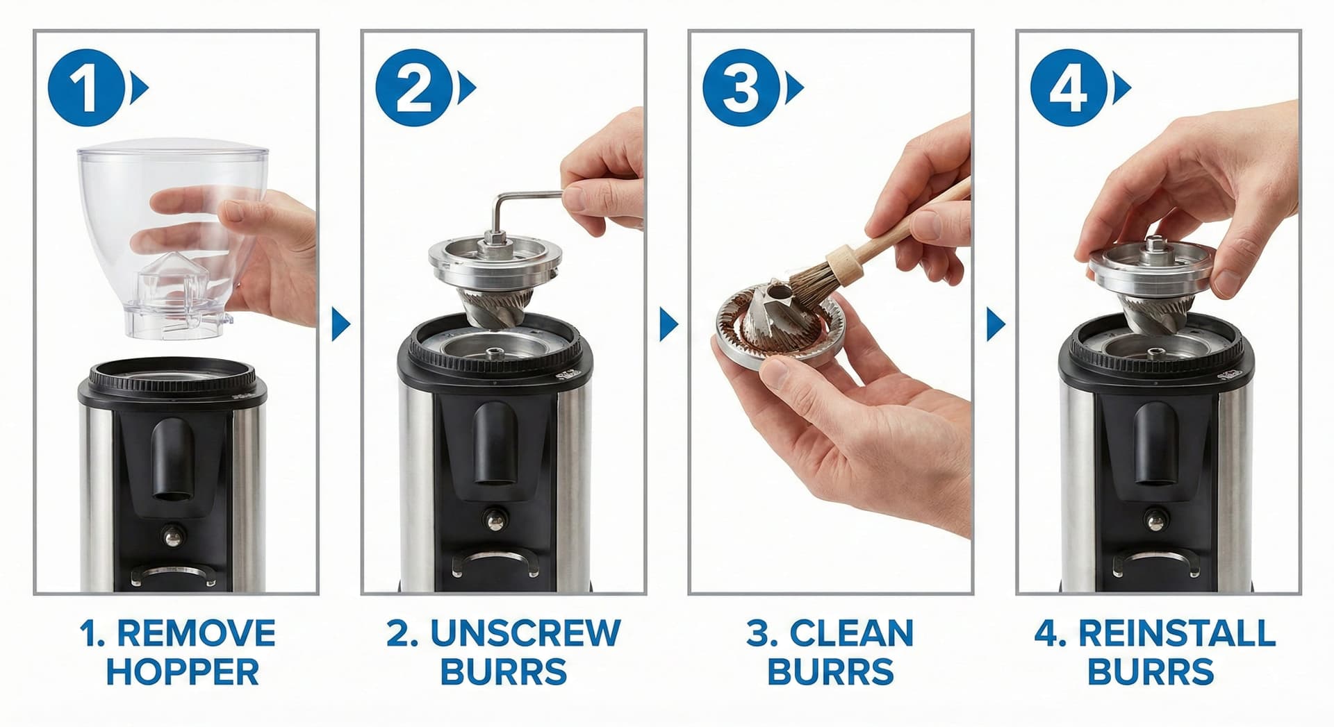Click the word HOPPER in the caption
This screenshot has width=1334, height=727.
tap(182, 672)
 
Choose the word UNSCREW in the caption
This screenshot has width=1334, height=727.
tap(525, 633)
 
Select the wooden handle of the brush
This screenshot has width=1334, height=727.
tap(903, 222)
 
